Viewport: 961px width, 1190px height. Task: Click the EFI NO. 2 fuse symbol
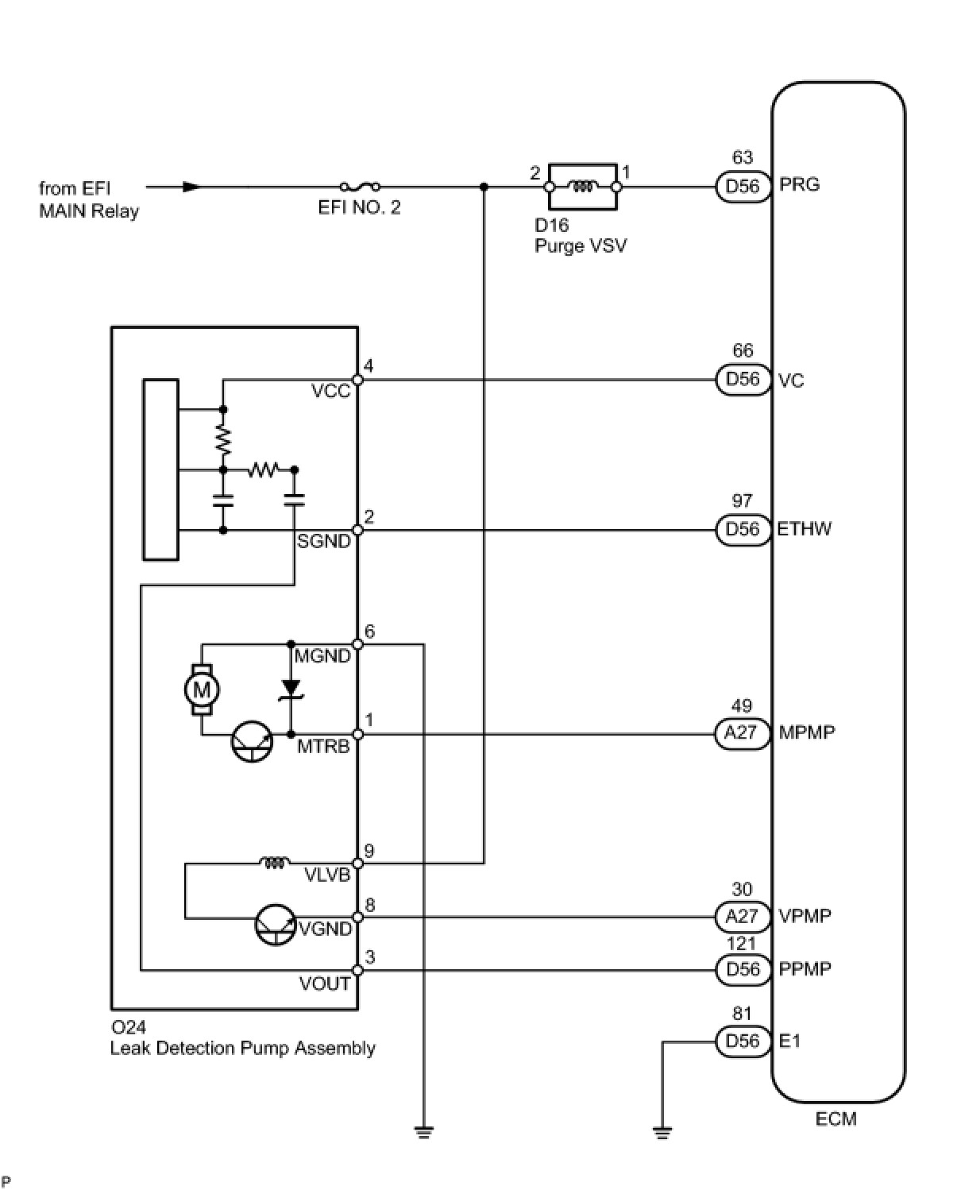360,187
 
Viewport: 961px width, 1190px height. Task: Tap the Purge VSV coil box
583,187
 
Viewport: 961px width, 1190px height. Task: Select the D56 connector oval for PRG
743,187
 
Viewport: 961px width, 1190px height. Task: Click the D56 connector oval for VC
743,380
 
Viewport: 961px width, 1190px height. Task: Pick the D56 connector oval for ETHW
743,529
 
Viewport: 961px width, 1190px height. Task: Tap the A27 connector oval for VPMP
742,917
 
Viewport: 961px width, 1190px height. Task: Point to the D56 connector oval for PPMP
743,969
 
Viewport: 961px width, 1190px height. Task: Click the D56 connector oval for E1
743,1041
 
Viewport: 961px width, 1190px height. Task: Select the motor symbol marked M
202,690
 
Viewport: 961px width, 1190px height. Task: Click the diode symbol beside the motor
291,690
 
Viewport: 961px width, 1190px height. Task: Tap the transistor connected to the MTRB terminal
253,741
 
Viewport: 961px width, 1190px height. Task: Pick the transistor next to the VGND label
276,925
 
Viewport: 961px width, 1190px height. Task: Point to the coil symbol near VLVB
274,864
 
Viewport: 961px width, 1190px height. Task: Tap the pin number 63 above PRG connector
742,157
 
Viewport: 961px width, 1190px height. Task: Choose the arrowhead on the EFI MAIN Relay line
191,187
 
